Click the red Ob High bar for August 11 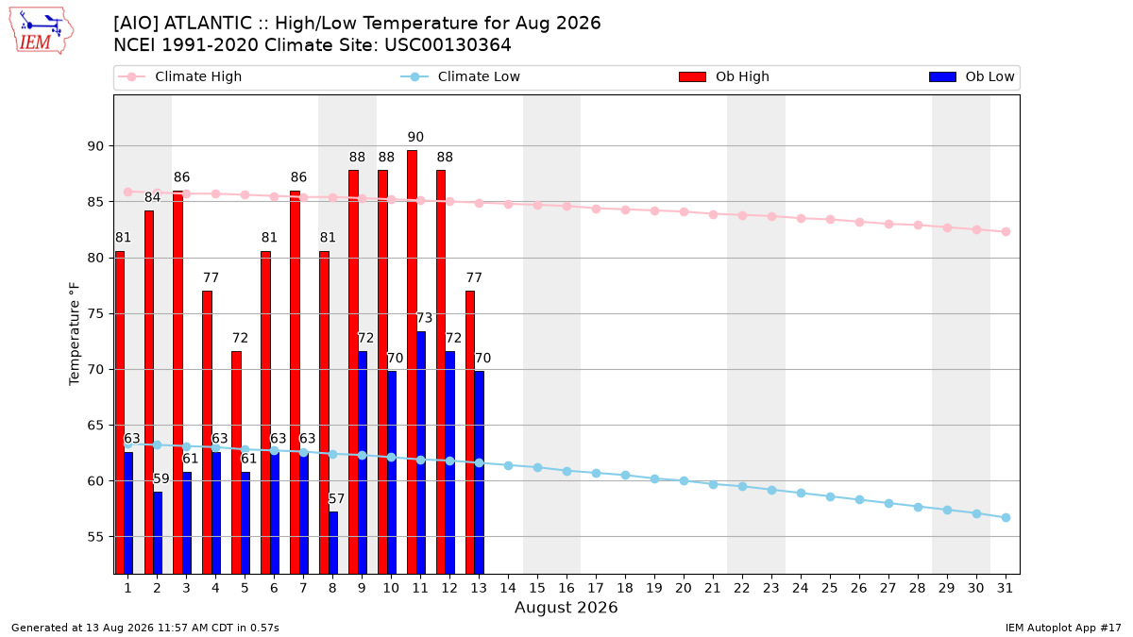tap(413, 362)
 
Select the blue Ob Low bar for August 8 tap(333, 543)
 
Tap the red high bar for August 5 tap(237, 462)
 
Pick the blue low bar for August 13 tap(480, 473)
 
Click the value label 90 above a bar tap(415, 137)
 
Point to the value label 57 tap(336, 499)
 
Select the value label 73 tap(424, 318)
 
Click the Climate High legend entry tap(180, 76)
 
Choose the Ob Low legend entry tap(972, 76)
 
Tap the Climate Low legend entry tap(461, 76)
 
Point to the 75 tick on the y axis tap(95, 314)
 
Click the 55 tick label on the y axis tap(95, 537)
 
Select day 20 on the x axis tap(684, 588)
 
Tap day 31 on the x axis tap(1005, 588)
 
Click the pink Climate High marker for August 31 tap(1006, 231)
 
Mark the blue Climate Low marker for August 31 tap(1006, 518)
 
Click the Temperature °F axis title tap(75, 334)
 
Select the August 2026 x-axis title tap(566, 607)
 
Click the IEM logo tap(42, 31)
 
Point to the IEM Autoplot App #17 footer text tap(1063, 628)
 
